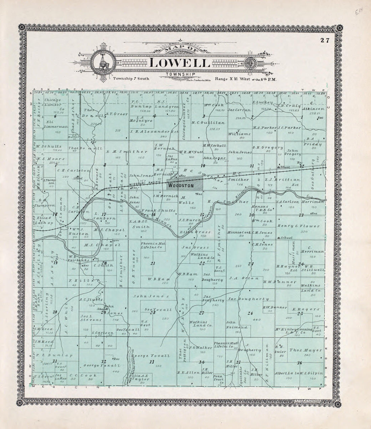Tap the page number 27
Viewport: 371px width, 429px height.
pyautogui.click(x=325, y=40)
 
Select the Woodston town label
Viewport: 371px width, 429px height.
pyautogui.click(x=180, y=185)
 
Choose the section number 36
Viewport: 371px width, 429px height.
pyautogui.click(x=299, y=363)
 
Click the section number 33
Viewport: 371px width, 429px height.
pyautogui.click(x=151, y=362)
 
